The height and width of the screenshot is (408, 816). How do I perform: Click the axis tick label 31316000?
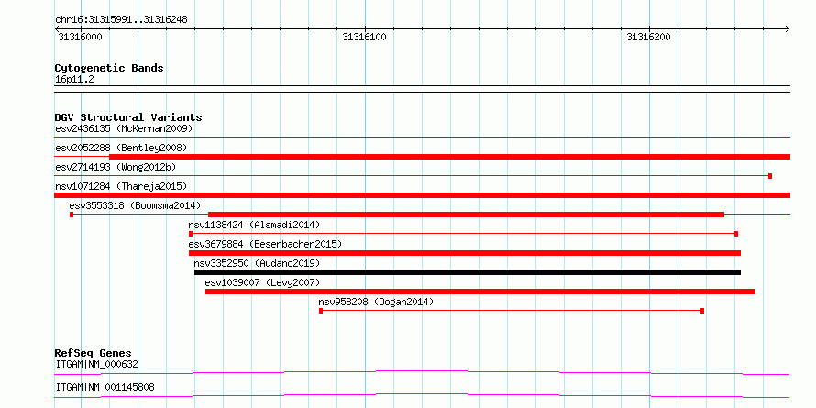[80, 37]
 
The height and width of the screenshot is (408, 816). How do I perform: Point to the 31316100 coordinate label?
[364, 37]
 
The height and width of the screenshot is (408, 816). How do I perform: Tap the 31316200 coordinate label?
[648, 37]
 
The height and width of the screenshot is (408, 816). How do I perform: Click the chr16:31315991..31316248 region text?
[121, 20]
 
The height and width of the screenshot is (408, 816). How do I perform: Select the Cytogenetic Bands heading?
[109, 68]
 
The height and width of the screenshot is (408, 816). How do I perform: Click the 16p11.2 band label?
[74, 80]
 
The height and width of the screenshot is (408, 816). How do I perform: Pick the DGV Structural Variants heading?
[128, 117]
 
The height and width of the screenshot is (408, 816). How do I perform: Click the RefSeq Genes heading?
[93, 353]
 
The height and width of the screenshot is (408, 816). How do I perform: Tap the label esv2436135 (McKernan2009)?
[124, 128]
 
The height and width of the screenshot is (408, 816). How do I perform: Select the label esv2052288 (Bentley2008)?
[121, 148]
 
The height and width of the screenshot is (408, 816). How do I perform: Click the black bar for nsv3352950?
[468, 272]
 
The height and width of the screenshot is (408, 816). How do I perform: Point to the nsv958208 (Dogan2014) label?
[376, 302]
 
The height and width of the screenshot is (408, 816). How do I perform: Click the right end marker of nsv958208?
[702, 311]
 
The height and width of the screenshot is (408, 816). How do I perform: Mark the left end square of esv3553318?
[72, 215]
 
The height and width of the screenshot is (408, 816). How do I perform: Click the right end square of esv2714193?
[770, 176]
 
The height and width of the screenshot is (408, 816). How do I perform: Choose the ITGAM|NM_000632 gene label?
[97, 364]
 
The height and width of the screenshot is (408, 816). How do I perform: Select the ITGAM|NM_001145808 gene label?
[105, 387]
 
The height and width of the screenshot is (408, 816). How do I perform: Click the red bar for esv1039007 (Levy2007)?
[480, 292]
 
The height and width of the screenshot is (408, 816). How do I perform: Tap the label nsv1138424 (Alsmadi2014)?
[254, 226]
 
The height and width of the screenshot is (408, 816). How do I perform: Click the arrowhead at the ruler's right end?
[787, 29]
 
